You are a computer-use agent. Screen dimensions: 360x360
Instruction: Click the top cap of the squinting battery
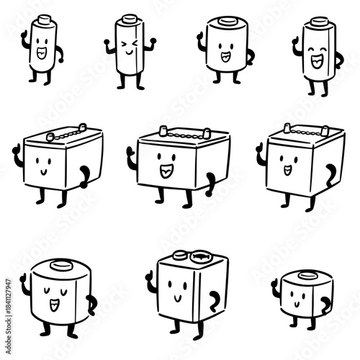[130, 19]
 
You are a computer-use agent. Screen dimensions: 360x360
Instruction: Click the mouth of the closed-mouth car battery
[42, 173]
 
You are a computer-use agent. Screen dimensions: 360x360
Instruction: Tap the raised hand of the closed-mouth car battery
[16, 152]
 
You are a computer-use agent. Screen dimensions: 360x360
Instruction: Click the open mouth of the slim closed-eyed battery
[316, 61]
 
